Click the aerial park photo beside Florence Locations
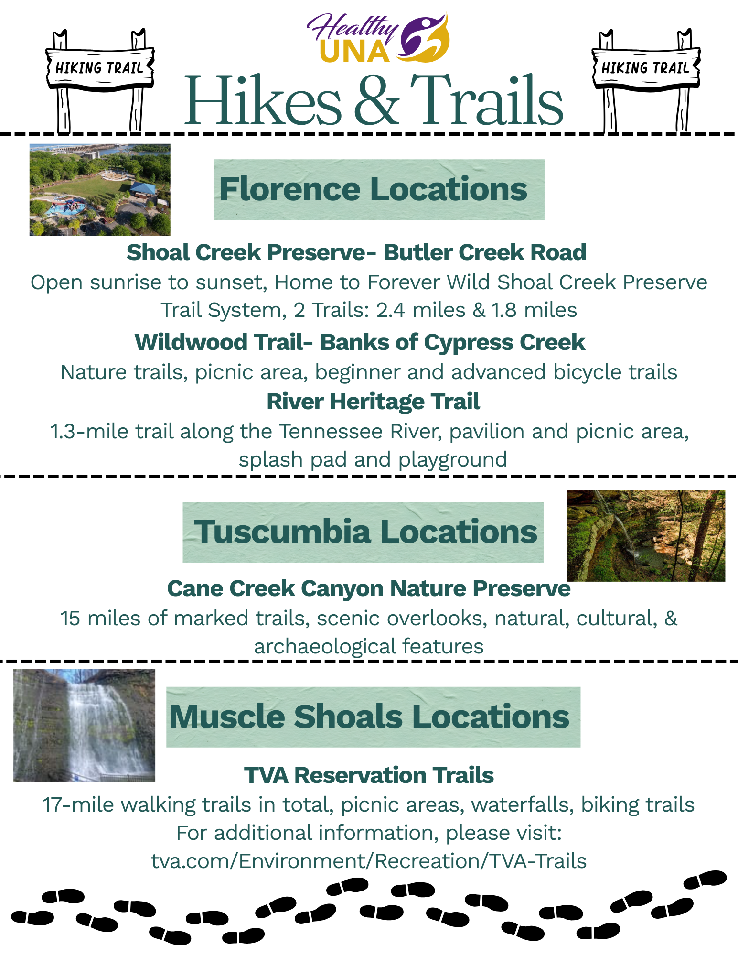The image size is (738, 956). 100,190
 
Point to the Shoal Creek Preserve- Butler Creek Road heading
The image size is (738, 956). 356,252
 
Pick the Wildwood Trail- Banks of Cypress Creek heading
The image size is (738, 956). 360,342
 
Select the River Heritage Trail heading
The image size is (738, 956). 373,402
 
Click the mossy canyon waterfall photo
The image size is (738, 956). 646,535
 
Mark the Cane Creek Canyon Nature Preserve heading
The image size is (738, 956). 368,588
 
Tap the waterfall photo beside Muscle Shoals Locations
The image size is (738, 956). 85,725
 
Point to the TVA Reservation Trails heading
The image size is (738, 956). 369,775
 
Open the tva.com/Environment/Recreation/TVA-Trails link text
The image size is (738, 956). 369,861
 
